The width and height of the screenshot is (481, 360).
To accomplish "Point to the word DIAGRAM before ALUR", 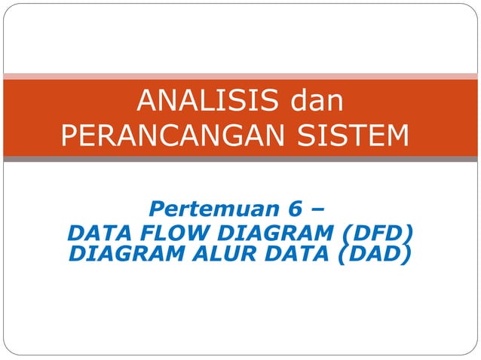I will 119,254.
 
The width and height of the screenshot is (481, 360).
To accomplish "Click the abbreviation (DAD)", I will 373,255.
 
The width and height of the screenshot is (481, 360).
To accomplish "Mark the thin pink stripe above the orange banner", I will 240,75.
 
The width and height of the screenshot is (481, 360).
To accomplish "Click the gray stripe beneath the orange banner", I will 240,159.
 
